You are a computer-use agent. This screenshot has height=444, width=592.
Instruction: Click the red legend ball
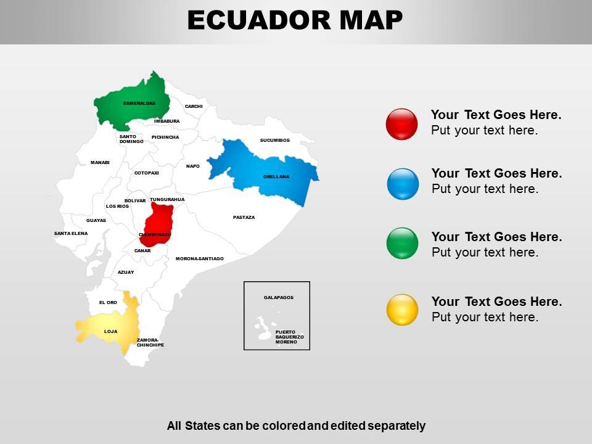tap(401, 124)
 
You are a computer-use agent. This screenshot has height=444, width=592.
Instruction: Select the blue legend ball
tap(403, 184)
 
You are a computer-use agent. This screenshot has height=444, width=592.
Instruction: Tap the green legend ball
tap(402, 243)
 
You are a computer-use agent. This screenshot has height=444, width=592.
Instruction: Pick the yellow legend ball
tap(402, 310)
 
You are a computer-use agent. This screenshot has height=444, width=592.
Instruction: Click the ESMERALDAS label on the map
tap(139, 103)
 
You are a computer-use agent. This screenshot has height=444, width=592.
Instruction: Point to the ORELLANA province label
tap(276, 177)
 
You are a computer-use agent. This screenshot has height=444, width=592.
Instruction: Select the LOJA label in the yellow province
tap(110, 332)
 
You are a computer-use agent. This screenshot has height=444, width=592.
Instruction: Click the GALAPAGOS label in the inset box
tap(279, 298)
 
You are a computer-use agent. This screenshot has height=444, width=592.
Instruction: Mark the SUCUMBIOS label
tap(274, 140)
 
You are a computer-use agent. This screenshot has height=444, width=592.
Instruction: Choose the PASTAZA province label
tap(244, 217)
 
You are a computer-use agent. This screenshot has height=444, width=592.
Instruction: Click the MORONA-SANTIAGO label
tap(199, 259)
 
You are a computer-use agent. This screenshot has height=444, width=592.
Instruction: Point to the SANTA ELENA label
tap(71, 234)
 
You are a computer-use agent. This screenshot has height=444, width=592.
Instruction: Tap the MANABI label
tap(100, 162)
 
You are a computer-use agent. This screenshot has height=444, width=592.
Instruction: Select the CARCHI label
tap(194, 106)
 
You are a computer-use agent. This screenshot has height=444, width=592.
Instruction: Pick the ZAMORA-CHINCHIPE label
tap(150, 342)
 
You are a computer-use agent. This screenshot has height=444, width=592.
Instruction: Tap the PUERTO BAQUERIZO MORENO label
tap(289, 337)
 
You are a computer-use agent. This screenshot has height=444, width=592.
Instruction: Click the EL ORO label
tap(108, 302)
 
